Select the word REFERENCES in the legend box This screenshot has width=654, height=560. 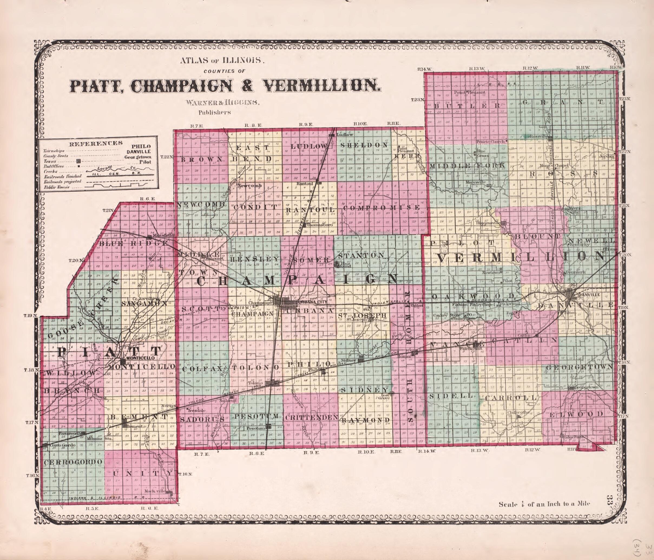(x=96, y=143)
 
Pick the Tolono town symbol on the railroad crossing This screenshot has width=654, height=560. (x=272, y=383)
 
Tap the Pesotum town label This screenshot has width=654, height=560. (x=255, y=429)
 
